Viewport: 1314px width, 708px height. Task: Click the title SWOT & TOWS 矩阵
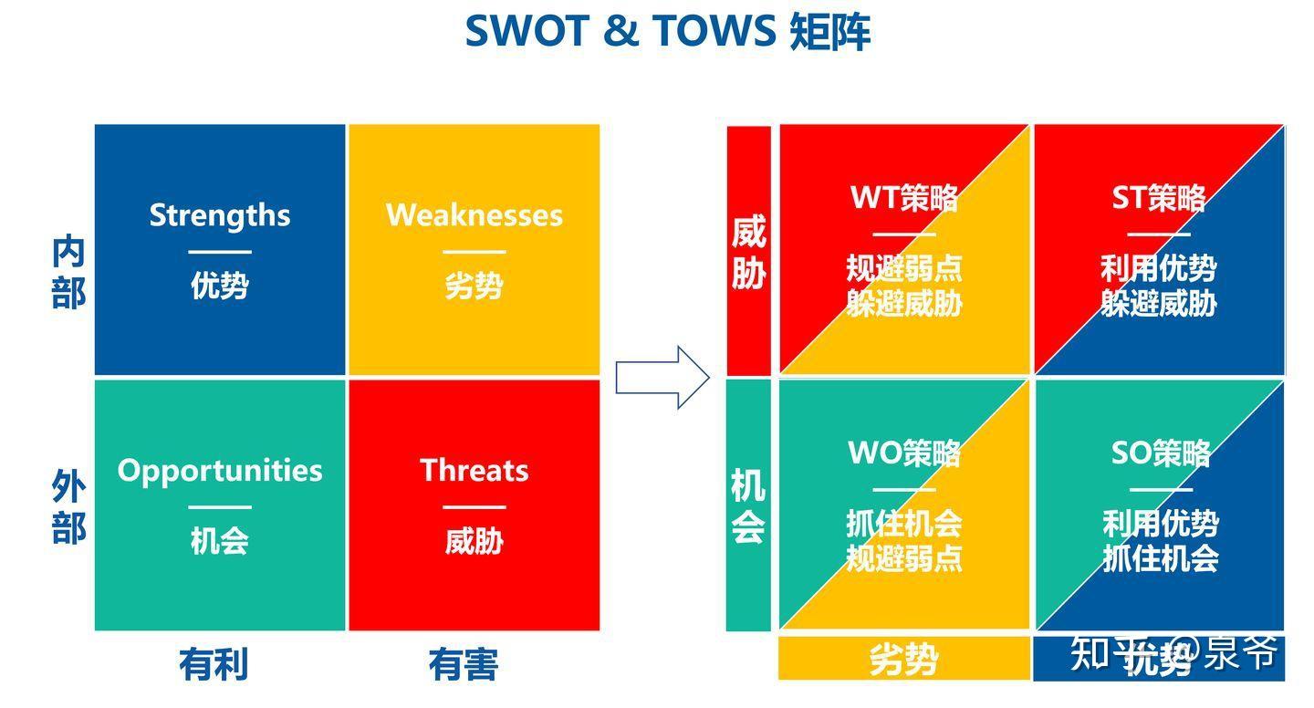[x=667, y=31]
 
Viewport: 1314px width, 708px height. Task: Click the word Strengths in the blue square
[x=220, y=215]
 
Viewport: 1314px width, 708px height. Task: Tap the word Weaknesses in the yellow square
[x=474, y=215]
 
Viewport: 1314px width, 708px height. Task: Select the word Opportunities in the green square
[x=220, y=470]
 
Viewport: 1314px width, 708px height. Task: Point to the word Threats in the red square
[x=474, y=470]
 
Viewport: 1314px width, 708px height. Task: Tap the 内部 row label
[x=68, y=272]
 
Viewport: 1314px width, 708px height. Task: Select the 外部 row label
[x=68, y=508]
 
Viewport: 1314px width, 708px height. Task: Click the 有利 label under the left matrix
[x=213, y=664]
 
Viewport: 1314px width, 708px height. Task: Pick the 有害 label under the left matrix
[x=464, y=664]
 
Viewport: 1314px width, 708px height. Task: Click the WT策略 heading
[x=904, y=197]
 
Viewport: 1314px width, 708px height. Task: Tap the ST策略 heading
[x=1159, y=197]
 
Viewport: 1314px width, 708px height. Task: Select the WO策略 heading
[x=904, y=453]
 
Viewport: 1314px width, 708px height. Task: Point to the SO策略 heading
[x=1160, y=453]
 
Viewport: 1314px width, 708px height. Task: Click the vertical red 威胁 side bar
[x=748, y=251]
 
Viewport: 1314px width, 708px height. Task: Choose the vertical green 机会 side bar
[x=748, y=505]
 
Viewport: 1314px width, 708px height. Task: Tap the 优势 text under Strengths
[x=220, y=286]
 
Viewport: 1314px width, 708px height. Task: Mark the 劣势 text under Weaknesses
[x=474, y=286]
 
